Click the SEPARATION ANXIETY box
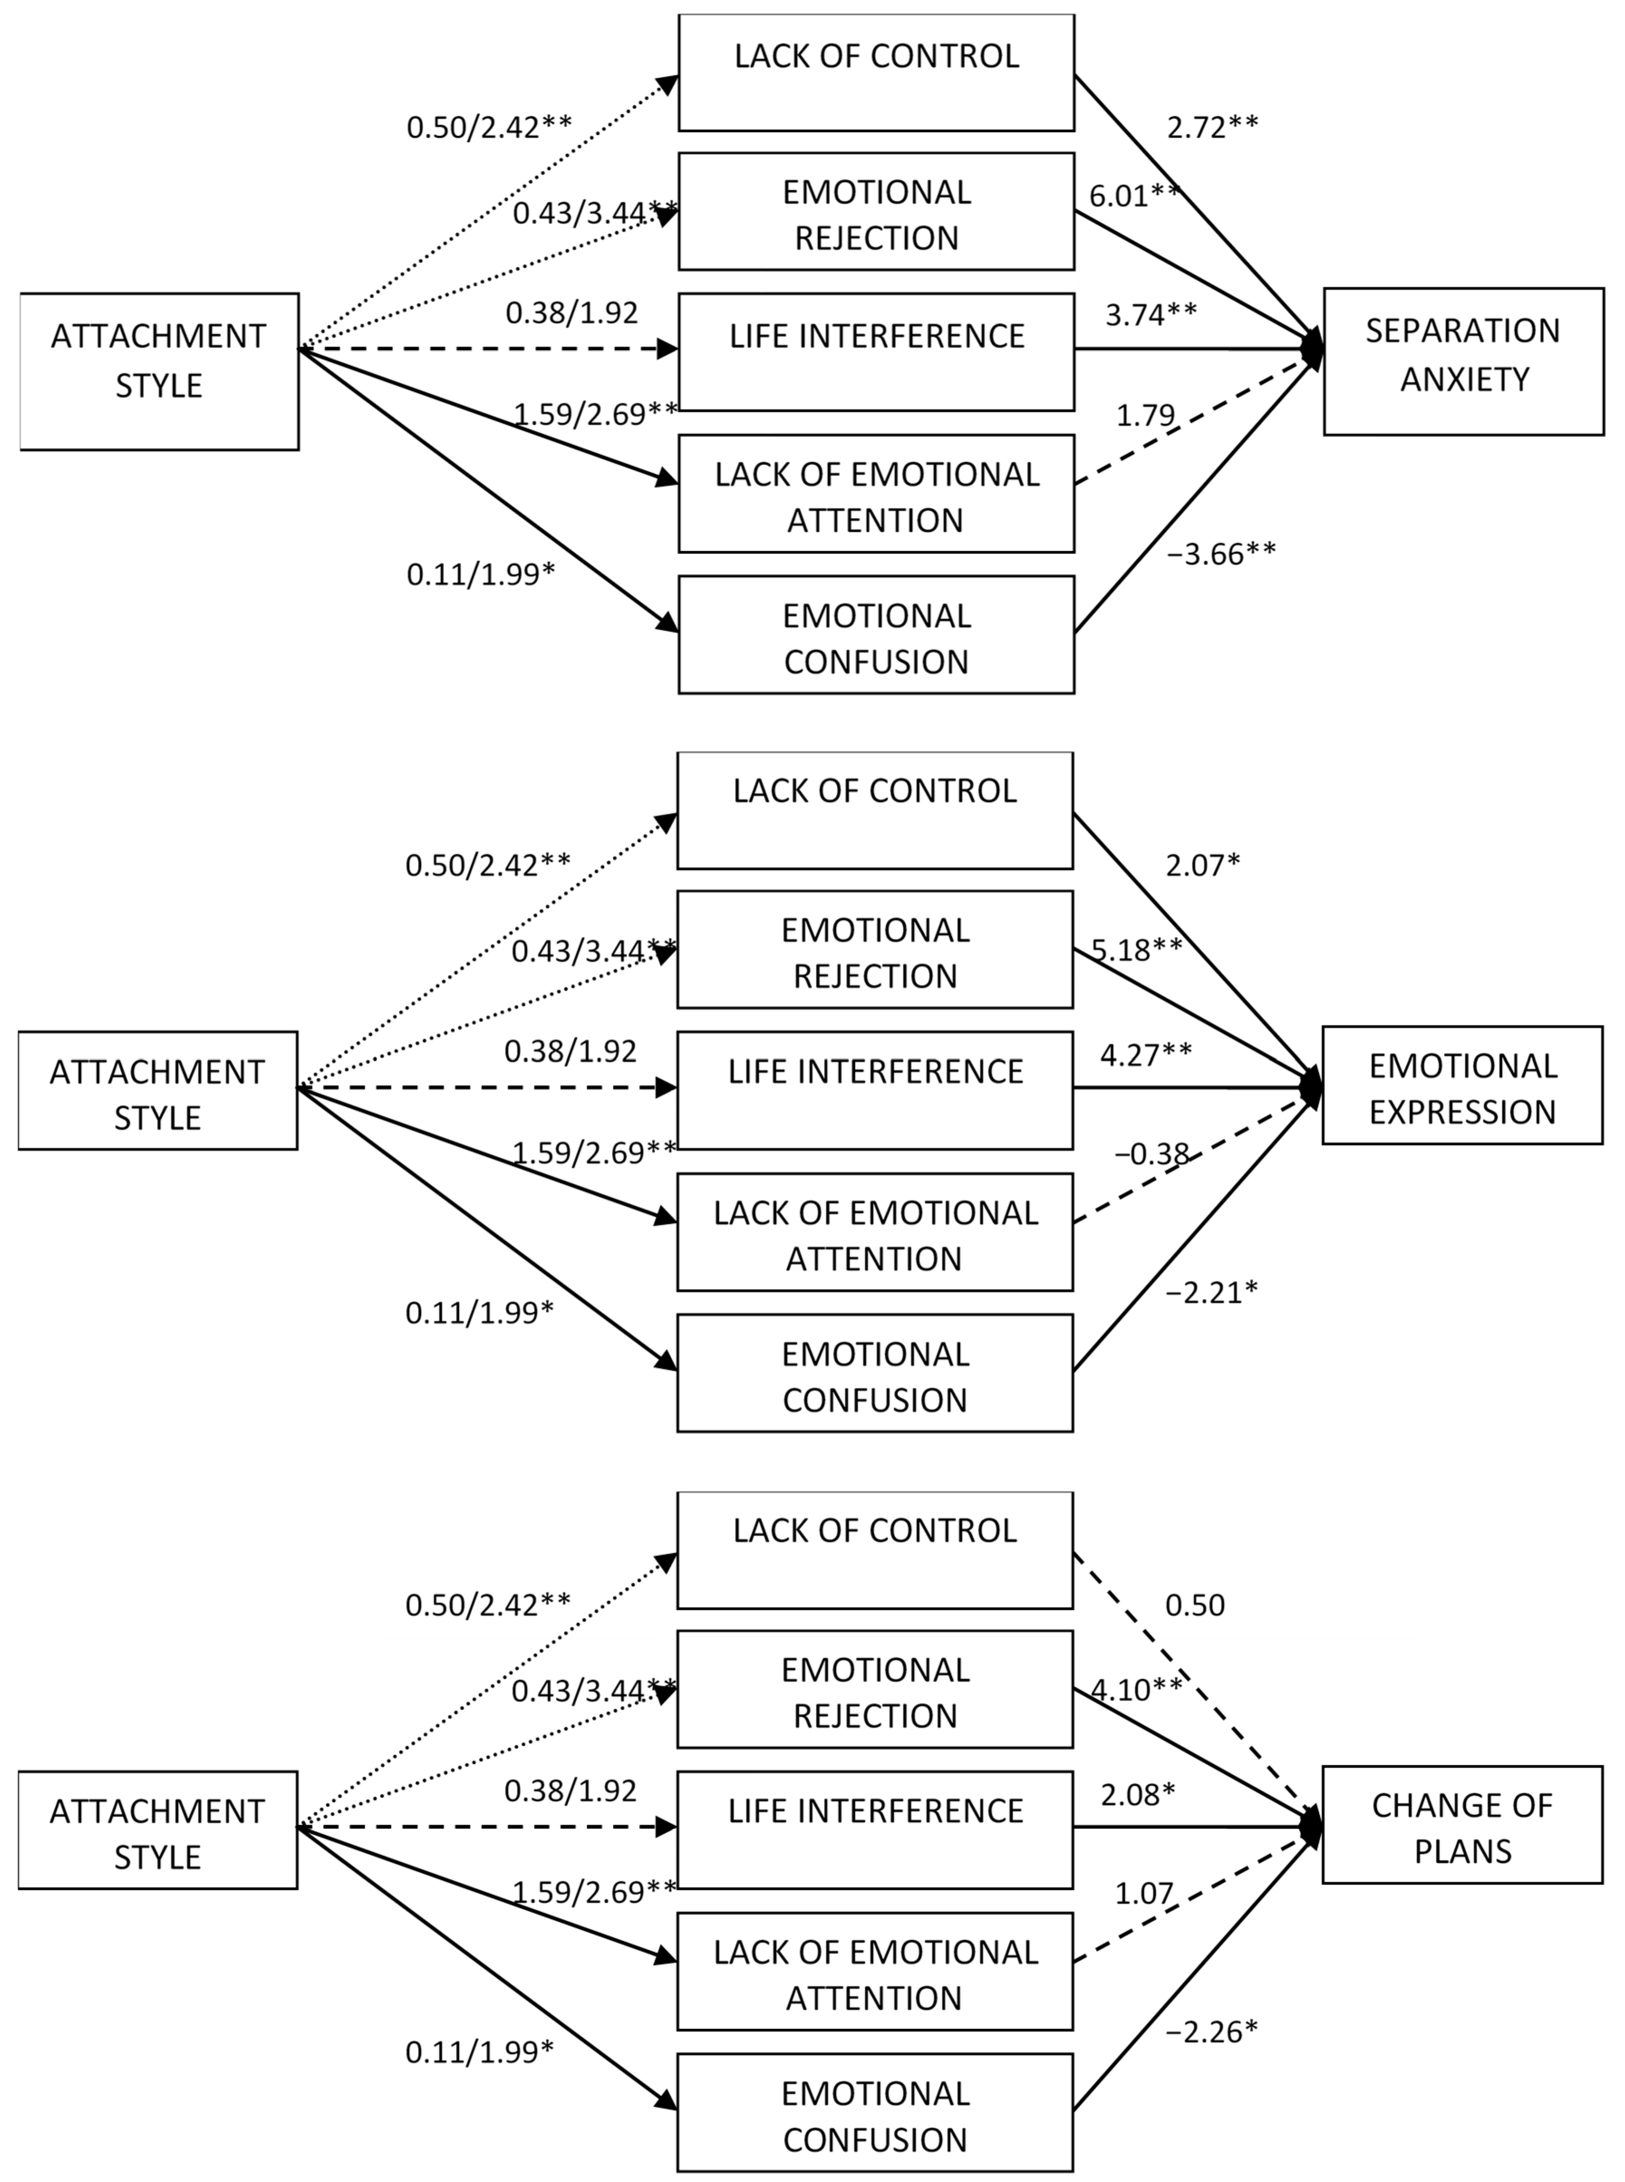1463,361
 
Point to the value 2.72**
1212,127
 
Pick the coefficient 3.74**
1151,315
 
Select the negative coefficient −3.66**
1221,554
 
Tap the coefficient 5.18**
1136,949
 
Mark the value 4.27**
1146,1055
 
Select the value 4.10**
1136,1689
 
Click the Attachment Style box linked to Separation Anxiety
159,371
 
